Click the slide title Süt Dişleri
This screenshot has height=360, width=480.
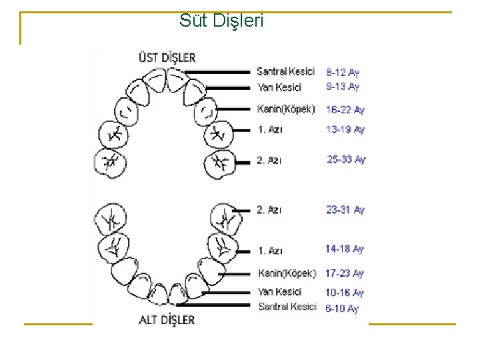[x=221, y=21]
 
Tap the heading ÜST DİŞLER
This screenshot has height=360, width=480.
[x=166, y=57]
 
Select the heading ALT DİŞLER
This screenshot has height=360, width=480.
[x=166, y=319]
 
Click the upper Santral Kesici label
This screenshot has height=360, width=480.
[x=285, y=71]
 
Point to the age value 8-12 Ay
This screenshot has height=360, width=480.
[x=343, y=72]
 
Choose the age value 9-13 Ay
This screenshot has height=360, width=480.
[x=343, y=87]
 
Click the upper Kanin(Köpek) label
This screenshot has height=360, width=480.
[x=286, y=109]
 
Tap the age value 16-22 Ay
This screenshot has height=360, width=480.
[x=345, y=109]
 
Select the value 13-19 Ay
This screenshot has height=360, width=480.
[x=345, y=129]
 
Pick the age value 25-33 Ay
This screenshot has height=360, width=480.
[x=346, y=159]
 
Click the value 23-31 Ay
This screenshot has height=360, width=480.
[x=345, y=210]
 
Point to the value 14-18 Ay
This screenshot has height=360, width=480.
[x=345, y=249]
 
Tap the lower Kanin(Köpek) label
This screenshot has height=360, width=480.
[x=287, y=273]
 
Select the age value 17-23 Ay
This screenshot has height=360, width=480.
[x=345, y=273]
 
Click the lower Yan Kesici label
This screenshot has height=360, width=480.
[x=280, y=292]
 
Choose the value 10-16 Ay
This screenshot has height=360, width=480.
[x=345, y=293]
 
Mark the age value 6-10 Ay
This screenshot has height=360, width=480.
[x=342, y=309]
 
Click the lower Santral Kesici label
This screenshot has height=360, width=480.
[x=287, y=307]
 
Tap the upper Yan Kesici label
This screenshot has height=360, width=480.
[x=279, y=87]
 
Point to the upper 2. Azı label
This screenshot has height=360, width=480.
[x=269, y=160]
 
